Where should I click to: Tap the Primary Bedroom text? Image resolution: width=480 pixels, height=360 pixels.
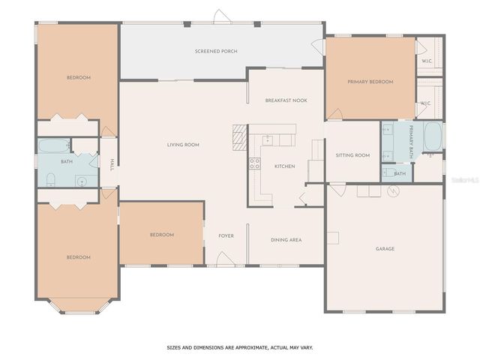pyautogui.click(x=370, y=81)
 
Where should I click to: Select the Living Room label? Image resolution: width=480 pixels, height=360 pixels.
pyautogui.click(x=182, y=144)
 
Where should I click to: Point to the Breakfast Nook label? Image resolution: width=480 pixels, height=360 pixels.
pyautogui.click(x=286, y=100)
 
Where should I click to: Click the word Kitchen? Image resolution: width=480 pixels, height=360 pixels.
pyautogui.click(x=284, y=166)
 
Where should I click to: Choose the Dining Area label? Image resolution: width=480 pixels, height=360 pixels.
pyautogui.click(x=286, y=239)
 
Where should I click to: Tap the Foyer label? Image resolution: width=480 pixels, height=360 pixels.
pyautogui.click(x=226, y=235)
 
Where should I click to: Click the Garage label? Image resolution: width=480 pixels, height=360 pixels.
pyautogui.click(x=385, y=248)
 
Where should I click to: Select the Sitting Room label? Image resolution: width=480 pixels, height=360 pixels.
pyautogui.click(x=352, y=155)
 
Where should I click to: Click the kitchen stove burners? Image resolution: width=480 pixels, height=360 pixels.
pyautogui.click(x=254, y=164)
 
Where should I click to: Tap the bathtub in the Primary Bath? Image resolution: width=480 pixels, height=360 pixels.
pyautogui.click(x=432, y=137)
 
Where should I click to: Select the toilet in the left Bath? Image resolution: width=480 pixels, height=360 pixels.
pyautogui.click(x=50, y=178)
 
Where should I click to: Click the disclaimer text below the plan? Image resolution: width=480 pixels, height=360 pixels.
pyautogui.click(x=240, y=347)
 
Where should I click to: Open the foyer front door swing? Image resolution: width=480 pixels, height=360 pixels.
pyautogui.click(x=225, y=259)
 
